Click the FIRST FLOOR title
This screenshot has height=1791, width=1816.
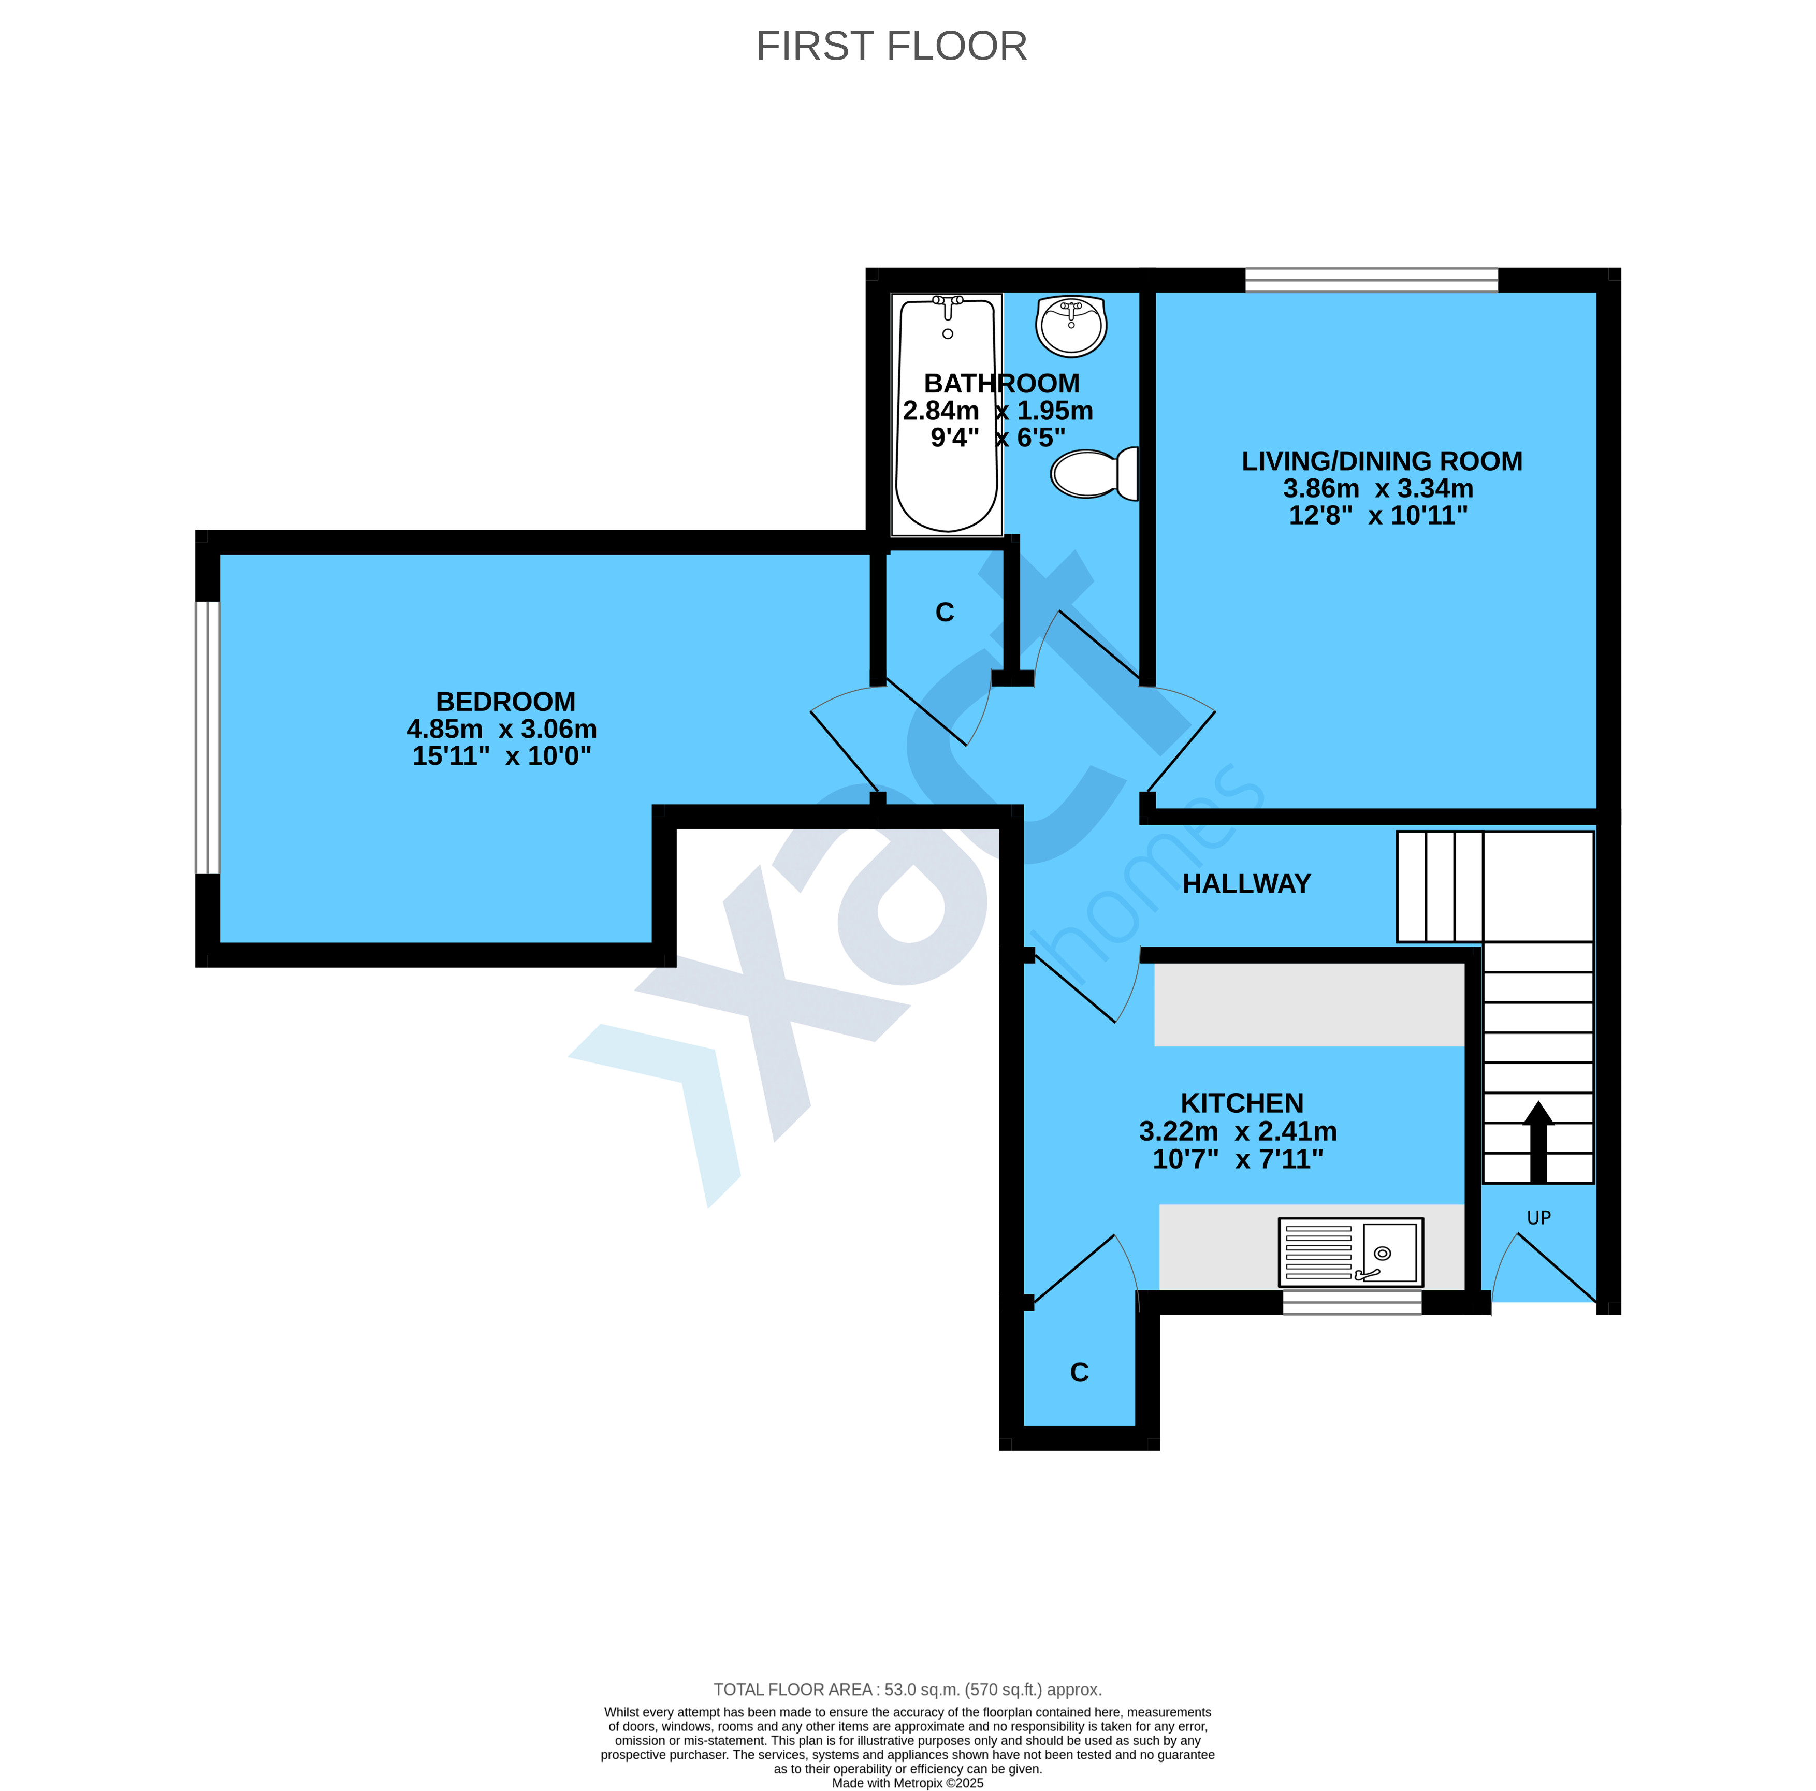coord(891,46)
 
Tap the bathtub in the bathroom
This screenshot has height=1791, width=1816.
coord(947,414)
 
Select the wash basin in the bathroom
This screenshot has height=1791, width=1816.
coord(1071,325)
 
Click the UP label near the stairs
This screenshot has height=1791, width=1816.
coord(1539,1218)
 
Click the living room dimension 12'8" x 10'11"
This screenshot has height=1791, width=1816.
coord(1378,515)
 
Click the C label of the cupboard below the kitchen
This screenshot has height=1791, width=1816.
coord(1079,1373)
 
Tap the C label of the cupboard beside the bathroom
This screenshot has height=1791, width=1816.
coord(945,613)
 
